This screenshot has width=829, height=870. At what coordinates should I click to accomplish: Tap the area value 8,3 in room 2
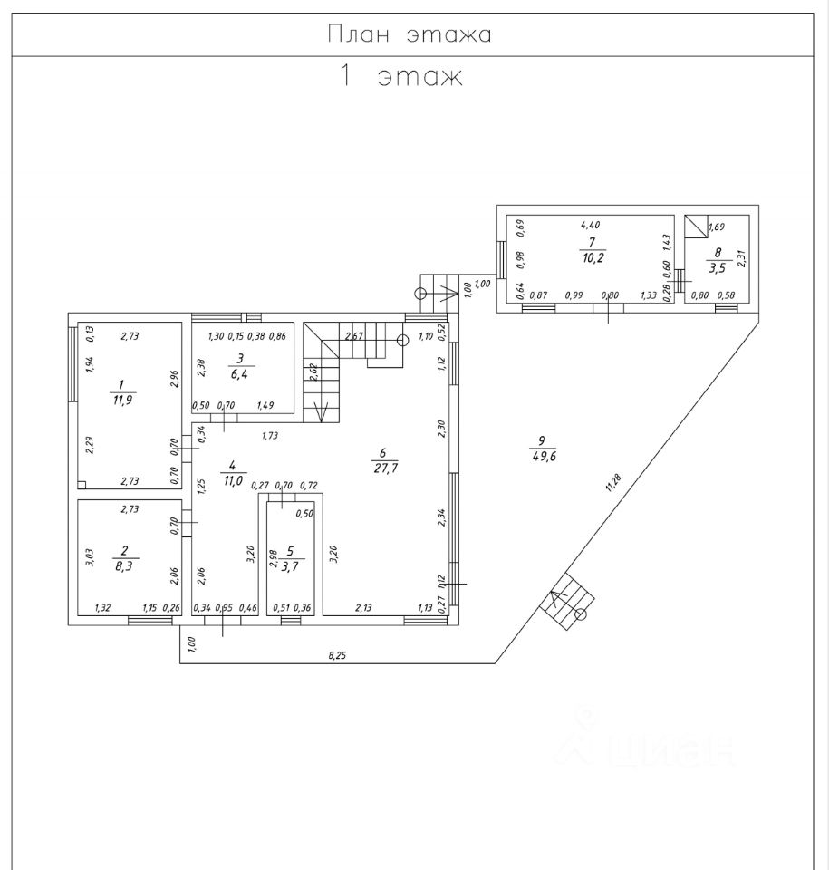(122, 563)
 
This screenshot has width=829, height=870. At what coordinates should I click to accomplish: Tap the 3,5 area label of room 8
(718, 268)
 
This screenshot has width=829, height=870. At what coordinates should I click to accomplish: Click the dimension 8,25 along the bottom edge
(335, 655)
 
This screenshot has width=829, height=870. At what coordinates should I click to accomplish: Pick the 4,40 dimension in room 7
(590, 224)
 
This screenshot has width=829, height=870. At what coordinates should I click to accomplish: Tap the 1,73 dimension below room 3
(269, 436)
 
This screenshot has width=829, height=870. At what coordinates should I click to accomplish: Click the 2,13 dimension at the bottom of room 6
(364, 608)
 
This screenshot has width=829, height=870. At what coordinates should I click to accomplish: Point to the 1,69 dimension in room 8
(717, 227)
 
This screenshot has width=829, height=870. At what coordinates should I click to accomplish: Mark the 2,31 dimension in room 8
(740, 256)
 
